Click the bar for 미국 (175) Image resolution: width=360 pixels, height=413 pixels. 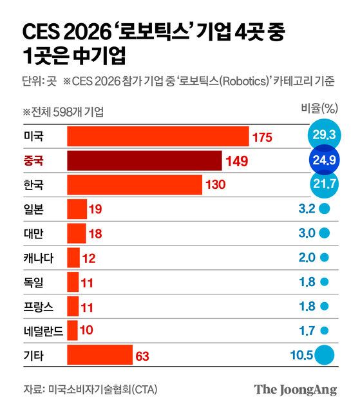[x=158, y=137]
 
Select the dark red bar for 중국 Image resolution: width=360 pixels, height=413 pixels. [x=144, y=160]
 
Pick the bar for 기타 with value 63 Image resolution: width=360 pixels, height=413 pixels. [x=99, y=354]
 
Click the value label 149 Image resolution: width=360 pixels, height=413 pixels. [x=238, y=161]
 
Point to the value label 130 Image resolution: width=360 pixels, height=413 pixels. [x=214, y=186]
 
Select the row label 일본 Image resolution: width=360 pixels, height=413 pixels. [x=33, y=208]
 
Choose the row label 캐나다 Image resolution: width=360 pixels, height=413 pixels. [x=38, y=257]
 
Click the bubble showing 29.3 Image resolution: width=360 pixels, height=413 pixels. [x=323, y=135]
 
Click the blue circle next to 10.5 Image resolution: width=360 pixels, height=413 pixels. [x=325, y=354]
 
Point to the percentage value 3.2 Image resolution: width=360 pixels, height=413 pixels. [x=307, y=208]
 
